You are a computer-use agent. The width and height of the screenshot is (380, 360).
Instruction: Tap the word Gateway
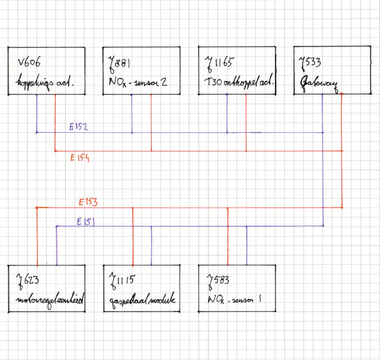point(319,82)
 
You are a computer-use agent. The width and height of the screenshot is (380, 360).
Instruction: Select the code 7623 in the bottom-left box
point(25,282)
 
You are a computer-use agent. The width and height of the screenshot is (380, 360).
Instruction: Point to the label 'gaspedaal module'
point(141,301)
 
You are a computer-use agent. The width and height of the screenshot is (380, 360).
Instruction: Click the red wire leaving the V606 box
point(55,122)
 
